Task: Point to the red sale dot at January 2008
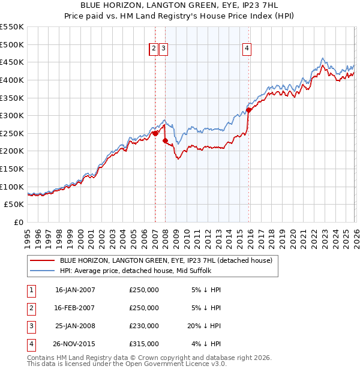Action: point(166,140)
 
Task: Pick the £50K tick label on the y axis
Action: point(14,205)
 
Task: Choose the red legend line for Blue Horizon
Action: point(42,260)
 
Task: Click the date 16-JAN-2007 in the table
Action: point(75,290)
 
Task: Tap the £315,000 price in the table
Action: point(143,344)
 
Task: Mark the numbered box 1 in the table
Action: point(31,290)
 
